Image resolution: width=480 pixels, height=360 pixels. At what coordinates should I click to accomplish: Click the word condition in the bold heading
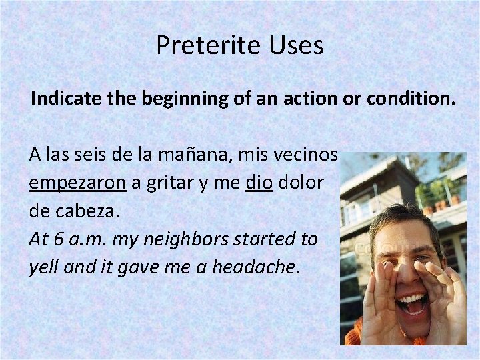pyautogui.click(x=413, y=100)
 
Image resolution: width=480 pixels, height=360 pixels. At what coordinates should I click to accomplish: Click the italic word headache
pyautogui.click(x=263, y=268)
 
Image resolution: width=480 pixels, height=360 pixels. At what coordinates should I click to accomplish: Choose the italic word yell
pyautogui.click(x=41, y=268)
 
